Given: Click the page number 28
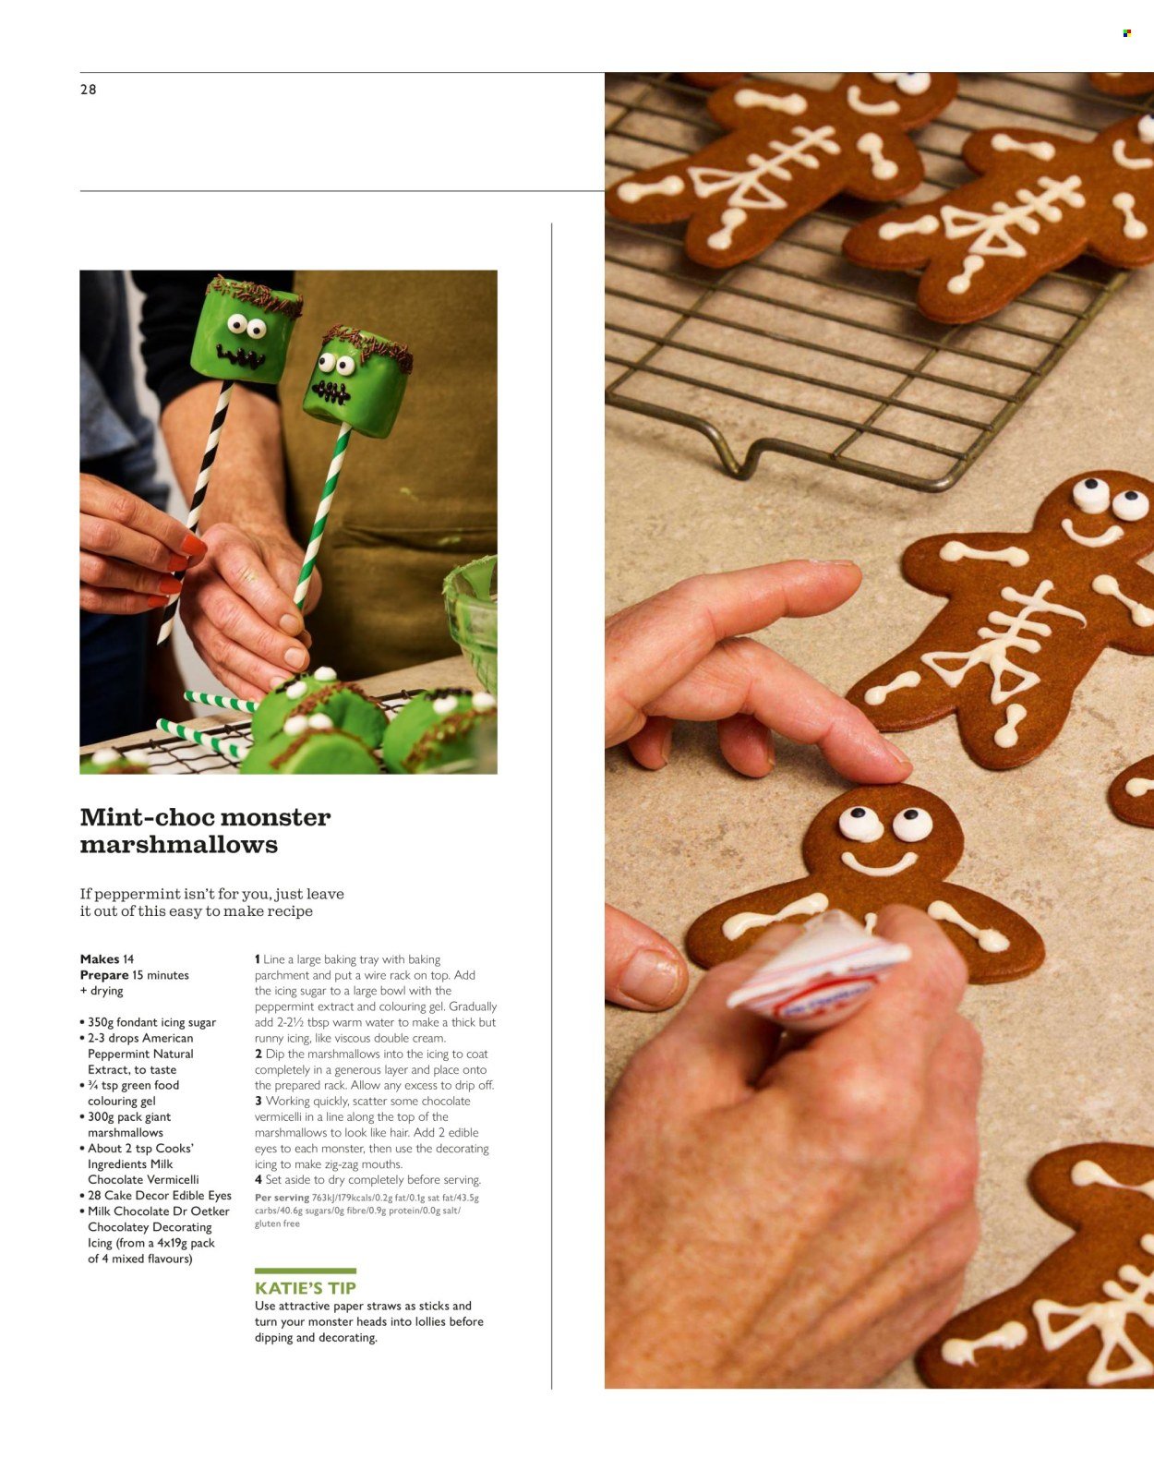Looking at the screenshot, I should point(89,90).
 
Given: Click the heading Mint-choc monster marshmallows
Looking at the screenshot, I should point(205,830).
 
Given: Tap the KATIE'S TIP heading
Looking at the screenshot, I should point(306,1288).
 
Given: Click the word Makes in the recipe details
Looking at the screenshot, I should point(100,959).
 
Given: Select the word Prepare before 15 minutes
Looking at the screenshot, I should point(104,975).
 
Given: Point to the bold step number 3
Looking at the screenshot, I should point(258,1101).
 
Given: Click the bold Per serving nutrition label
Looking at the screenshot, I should point(282,1198).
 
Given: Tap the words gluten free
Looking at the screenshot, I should point(277,1223).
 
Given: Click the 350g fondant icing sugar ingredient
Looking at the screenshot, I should point(151,1022).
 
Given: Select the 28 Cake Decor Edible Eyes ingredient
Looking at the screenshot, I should point(159,1195).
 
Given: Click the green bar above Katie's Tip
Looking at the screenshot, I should point(305,1271).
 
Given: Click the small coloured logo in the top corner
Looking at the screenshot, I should point(1126,33).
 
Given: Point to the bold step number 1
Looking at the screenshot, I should point(258,959).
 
